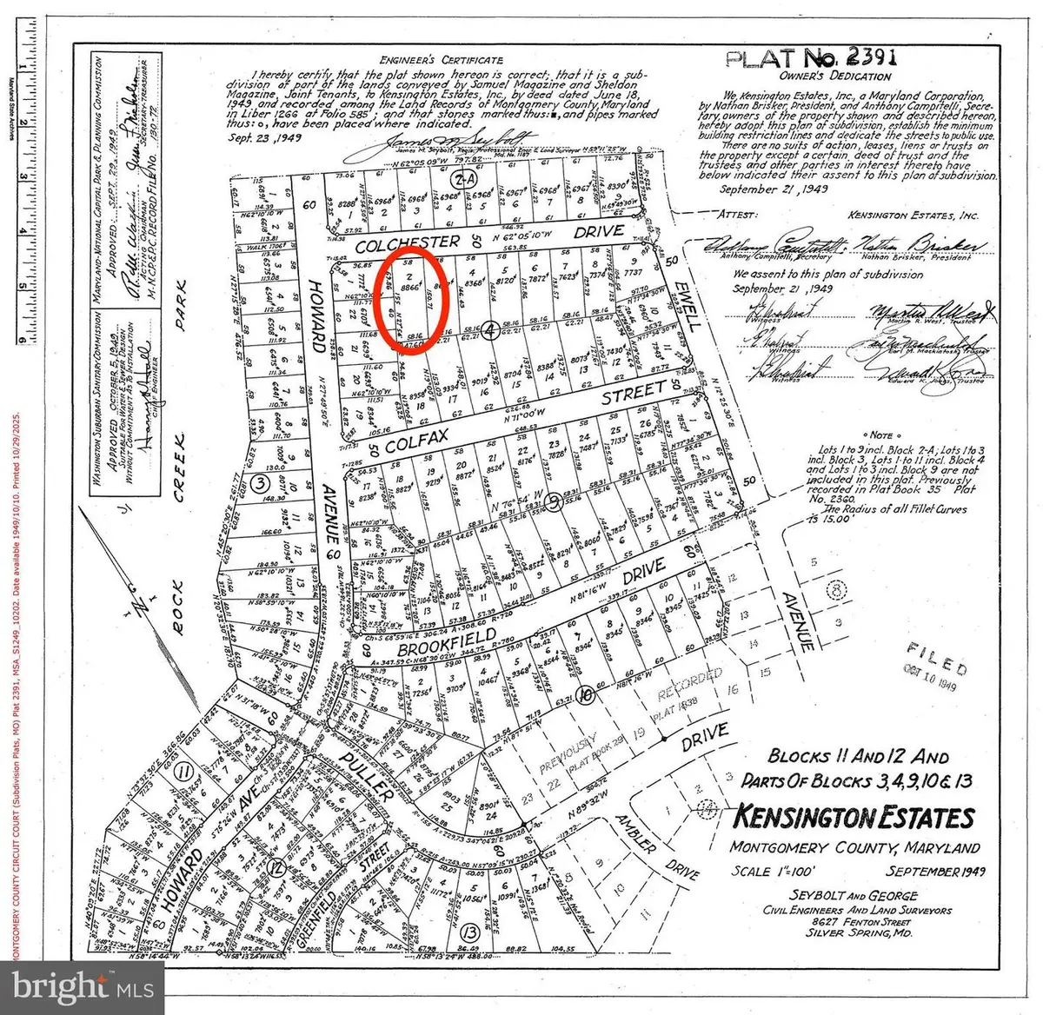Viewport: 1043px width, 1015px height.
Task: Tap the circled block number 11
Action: coord(183,772)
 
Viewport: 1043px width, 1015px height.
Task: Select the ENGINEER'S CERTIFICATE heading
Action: coord(441,59)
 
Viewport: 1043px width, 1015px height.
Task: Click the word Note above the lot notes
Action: coord(881,435)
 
